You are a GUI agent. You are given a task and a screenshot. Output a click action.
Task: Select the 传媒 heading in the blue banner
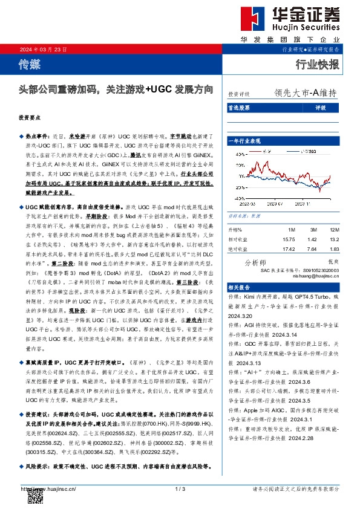point(31,62)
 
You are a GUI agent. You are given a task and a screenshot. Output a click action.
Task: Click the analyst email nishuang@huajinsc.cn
point(310,275)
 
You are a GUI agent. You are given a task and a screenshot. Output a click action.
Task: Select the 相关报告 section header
point(241,288)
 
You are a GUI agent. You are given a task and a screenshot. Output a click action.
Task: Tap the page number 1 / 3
point(180,488)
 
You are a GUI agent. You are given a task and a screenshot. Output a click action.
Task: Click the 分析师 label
point(255,262)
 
